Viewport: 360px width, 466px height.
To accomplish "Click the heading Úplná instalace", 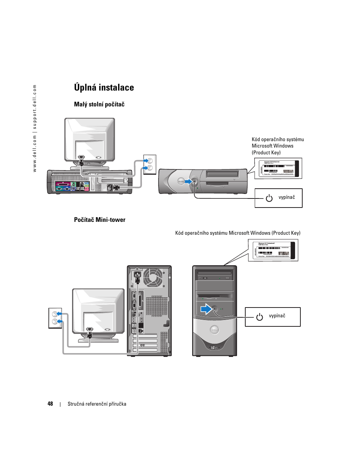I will click(104, 88).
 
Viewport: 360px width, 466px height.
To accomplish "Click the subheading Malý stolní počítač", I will click(99, 105).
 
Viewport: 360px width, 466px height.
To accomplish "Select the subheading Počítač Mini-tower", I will click(100, 220).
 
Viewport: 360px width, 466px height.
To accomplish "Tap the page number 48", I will click(50, 404).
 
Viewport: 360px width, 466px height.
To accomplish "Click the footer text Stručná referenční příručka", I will click(97, 404).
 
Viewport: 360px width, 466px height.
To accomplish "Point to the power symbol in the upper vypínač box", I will click(269, 198).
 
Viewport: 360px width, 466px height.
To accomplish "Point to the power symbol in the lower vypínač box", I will click(260, 317).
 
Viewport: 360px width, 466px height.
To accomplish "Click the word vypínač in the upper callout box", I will click(287, 197).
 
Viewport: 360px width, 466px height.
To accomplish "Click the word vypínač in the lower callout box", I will click(277, 316).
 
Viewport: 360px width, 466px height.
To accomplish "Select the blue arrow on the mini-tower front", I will click(206, 309).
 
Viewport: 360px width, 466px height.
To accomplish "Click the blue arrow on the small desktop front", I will click(188, 181).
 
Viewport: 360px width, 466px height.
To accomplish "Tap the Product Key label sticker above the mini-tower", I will click(273, 250).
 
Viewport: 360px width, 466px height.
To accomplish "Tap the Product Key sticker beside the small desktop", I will click(278, 168).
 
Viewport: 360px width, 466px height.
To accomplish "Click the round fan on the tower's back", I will click(153, 278).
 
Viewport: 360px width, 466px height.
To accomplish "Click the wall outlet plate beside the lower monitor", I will click(55, 318).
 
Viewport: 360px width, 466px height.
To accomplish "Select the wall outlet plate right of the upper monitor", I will click(150, 164).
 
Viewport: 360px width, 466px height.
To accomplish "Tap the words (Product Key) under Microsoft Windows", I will click(266, 153).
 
